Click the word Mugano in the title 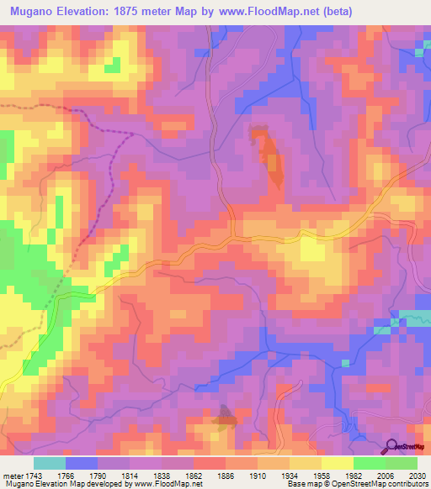tap(33, 11)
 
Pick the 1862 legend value tap(194, 475)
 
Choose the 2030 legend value tap(418, 475)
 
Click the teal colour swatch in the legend tap(49, 463)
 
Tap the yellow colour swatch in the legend tap(337, 463)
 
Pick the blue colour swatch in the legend tap(81, 463)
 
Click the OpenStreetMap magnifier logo tap(391, 446)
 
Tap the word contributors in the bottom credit tap(407, 485)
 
